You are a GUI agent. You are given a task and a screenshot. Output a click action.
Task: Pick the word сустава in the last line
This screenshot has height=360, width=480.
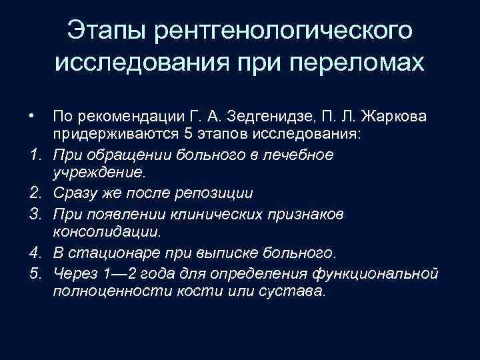pos(295,293)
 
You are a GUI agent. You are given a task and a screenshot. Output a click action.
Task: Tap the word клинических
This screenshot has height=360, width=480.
pos(213,214)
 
